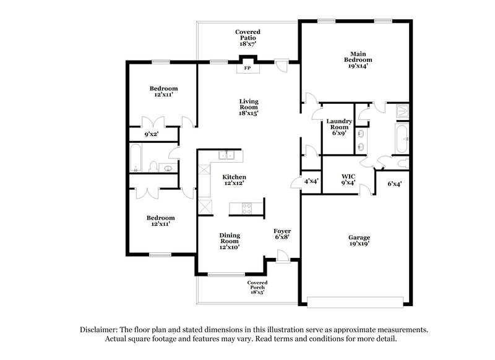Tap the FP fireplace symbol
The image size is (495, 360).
point(247,67)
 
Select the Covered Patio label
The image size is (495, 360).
point(247,38)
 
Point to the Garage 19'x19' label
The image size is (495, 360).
point(359,241)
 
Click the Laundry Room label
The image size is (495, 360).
point(339,127)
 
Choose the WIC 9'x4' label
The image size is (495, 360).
point(348,179)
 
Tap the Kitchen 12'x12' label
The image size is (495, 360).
point(234,180)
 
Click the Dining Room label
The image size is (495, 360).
point(230,241)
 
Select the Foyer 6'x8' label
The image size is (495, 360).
point(282,233)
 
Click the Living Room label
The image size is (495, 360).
point(249,107)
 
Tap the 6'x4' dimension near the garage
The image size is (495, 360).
point(394,184)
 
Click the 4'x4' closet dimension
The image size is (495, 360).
point(311,181)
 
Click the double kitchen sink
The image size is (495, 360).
point(228,155)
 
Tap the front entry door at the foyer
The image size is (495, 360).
point(283,255)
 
